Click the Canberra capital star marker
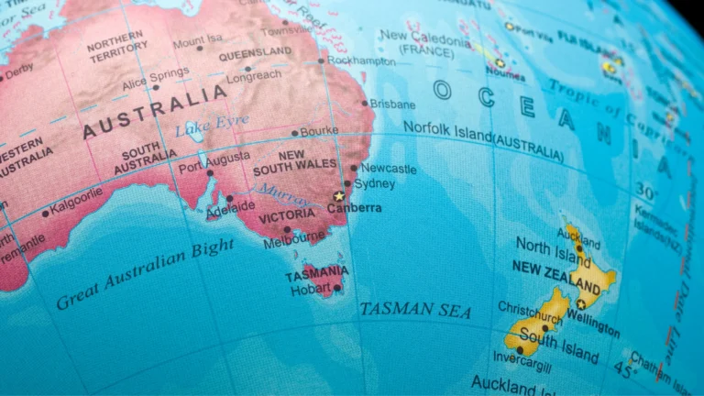pos(339,196)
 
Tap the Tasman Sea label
pos(415,310)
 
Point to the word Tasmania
pos(316,273)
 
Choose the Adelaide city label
pos(230,208)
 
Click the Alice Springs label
pos(155,76)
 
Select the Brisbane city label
pos(393,104)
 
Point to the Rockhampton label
pos(362,61)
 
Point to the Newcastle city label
pos(388,169)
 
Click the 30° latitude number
pos(647,192)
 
